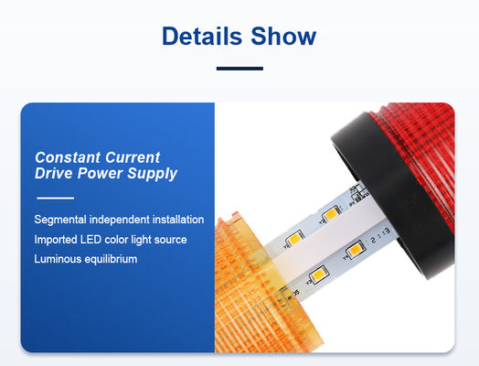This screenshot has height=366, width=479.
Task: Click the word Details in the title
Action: coord(202,36)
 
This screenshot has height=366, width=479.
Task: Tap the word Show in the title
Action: coord(283,36)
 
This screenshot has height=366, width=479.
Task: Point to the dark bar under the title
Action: coord(239,69)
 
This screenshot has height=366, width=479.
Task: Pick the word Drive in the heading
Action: coord(54,173)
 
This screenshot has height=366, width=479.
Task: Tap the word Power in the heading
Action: coord(100,173)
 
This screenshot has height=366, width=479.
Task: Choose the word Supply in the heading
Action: coord(152,174)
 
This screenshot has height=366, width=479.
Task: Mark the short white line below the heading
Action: coord(55,199)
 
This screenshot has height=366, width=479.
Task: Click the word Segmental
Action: coord(60,220)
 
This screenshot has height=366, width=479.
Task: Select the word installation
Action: coord(178,220)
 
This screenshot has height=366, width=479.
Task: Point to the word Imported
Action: coord(56,240)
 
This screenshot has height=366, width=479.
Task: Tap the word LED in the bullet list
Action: coord(90,240)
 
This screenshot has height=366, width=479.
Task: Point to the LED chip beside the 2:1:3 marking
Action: coord(355,250)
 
